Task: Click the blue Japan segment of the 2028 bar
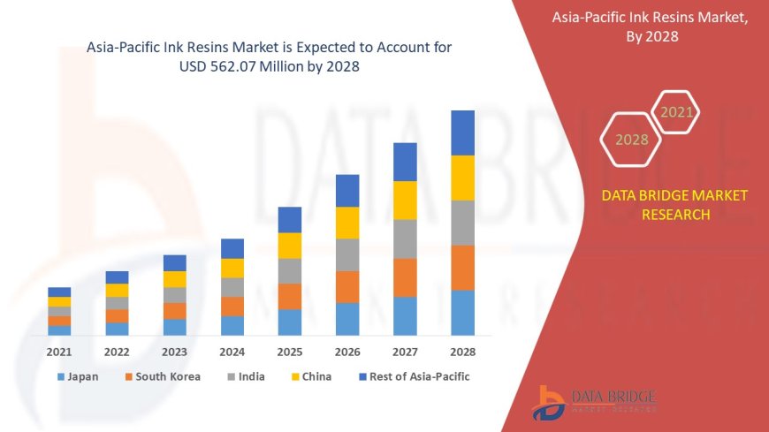462,313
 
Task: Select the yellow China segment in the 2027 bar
405,200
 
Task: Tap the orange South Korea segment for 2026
347,286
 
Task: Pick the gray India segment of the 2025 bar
290,270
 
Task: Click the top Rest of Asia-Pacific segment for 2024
232,248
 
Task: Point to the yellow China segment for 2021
59,301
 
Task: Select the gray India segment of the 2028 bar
462,223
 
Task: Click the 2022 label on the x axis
117,352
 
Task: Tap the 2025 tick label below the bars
290,352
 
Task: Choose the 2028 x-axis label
462,352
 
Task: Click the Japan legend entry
78,376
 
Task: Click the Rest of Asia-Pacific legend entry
415,376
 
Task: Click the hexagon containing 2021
677,112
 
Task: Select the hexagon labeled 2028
631,140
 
